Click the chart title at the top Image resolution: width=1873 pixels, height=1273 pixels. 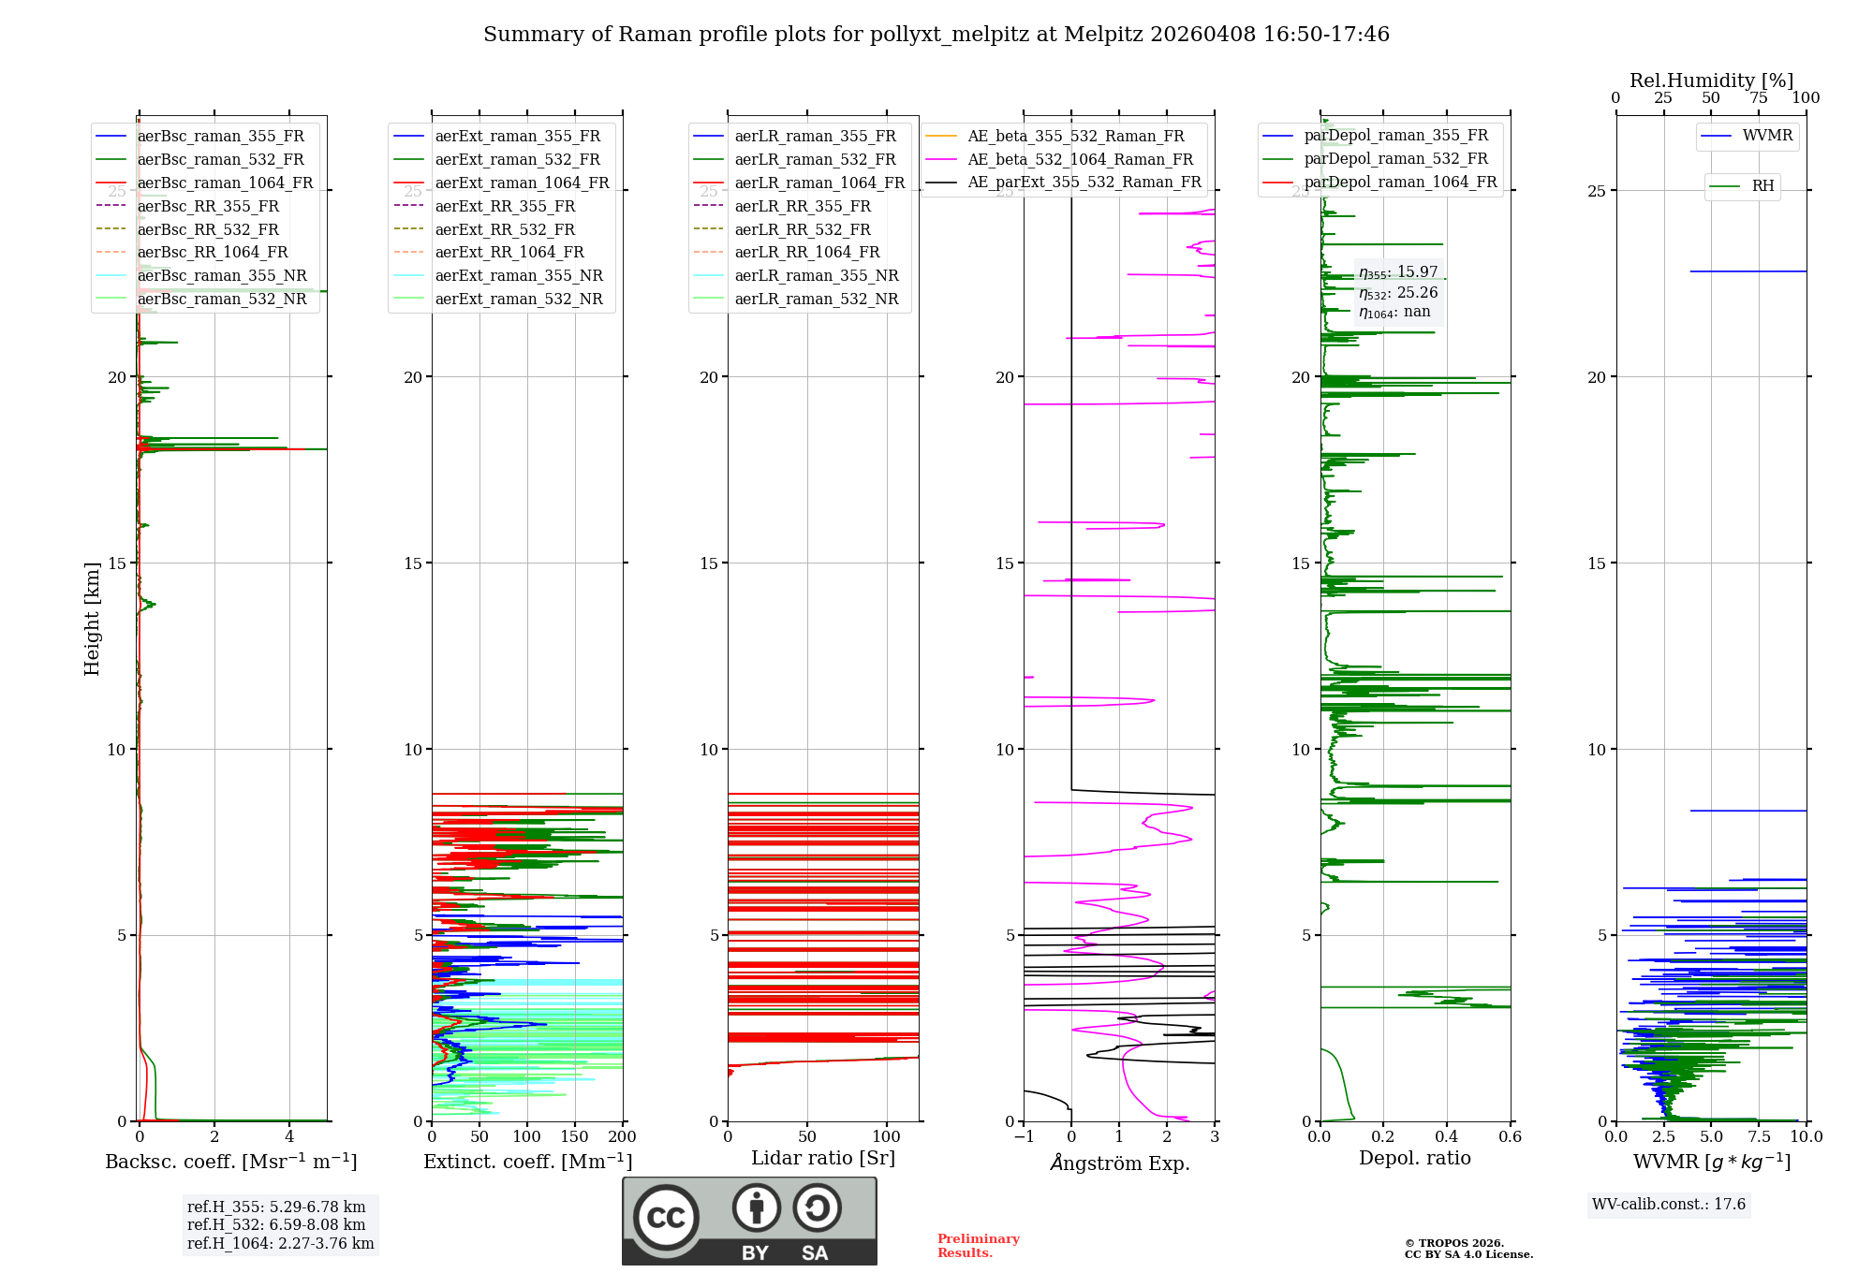(x=936, y=35)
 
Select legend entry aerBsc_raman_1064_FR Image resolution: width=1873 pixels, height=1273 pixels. (x=225, y=183)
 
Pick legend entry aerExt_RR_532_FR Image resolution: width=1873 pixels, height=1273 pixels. (x=505, y=229)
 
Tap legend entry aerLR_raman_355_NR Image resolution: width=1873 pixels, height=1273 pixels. (x=816, y=275)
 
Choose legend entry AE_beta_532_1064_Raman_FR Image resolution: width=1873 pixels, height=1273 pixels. (x=1080, y=159)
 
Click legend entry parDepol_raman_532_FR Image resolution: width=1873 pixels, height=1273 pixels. (x=1395, y=159)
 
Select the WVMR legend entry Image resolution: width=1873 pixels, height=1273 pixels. (x=1767, y=136)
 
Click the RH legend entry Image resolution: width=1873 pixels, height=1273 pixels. (x=1762, y=186)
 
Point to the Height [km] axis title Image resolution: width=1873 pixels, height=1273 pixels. (x=92, y=619)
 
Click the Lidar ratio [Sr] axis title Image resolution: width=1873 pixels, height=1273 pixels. (x=822, y=1158)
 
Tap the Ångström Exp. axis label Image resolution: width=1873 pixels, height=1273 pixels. (x=1120, y=1163)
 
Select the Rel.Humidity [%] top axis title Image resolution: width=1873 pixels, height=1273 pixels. (x=1711, y=80)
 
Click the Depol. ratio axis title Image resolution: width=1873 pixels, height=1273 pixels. (x=1414, y=1158)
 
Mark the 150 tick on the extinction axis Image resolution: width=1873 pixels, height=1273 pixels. (x=575, y=1136)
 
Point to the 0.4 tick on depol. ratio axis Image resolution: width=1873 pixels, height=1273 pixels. (x=1446, y=1136)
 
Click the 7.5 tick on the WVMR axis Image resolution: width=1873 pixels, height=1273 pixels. (x=1759, y=1136)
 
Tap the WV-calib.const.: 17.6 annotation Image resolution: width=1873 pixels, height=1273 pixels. (x=1669, y=1204)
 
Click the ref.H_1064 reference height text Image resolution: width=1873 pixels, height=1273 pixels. (x=280, y=1243)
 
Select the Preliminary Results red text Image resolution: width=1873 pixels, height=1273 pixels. (x=978, y=1245)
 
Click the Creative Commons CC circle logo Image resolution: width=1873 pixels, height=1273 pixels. (x=666, y=1218)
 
